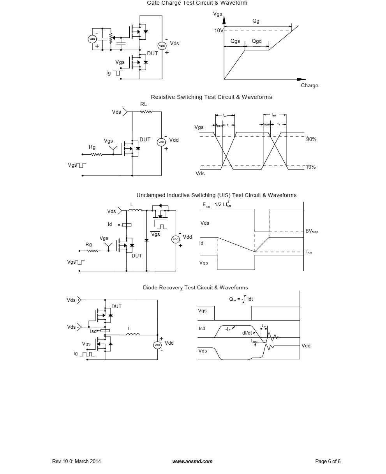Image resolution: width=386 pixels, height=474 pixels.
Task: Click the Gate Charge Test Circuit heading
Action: point(197,3)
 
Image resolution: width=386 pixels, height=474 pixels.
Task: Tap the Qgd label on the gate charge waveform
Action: point(257,41)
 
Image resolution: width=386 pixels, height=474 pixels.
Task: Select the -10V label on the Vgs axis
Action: point(218,30)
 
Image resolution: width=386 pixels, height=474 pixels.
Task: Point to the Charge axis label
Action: point(309,86)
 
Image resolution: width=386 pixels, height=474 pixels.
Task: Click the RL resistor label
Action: point(144,104)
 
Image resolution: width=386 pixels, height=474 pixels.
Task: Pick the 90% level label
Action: point(311,139)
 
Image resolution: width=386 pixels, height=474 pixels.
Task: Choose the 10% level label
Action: point(310,167)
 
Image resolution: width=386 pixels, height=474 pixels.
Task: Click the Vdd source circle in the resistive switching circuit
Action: point(161,142)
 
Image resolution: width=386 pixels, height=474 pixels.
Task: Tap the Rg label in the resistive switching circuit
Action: point(92,147)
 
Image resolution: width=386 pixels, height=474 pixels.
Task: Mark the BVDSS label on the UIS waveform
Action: point(312,231)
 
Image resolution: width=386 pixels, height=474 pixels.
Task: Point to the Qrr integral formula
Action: point(241,299)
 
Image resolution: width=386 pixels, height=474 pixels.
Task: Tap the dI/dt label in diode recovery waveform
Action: point(247,333)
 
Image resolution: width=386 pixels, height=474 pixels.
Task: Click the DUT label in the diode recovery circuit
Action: point(116,307)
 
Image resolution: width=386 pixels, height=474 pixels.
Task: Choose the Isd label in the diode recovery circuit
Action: point(93,331)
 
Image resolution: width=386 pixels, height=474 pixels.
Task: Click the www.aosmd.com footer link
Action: point(192,462)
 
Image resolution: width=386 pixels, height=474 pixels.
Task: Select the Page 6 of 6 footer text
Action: point(328,462)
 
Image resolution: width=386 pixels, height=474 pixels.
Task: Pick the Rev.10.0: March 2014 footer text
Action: point(76,462)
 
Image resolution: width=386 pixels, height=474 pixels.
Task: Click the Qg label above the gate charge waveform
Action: point(256,21)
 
